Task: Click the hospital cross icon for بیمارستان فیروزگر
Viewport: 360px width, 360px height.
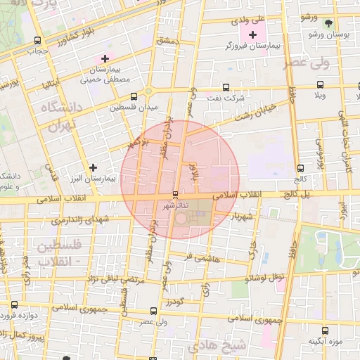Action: coord(252,34)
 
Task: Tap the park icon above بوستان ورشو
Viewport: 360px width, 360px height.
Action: coord(326,22)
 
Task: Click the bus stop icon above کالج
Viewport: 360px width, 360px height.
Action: coord(301,169)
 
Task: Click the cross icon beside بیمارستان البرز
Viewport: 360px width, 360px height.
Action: coord(93,167)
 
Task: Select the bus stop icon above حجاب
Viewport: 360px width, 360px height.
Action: coord(37,40)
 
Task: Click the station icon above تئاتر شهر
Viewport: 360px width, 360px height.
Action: coord(176,195)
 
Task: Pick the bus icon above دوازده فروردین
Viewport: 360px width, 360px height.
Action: coord(14,304)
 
